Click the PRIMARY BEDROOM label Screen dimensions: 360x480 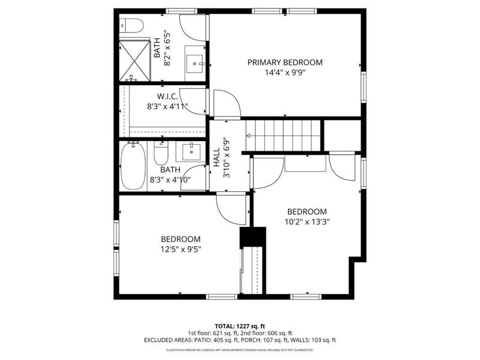(x=285, y=62)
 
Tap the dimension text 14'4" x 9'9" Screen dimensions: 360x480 (x=285, y=73)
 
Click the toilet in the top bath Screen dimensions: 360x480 (x=131, y=26)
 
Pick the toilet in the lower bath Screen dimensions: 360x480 (x=161, y=154)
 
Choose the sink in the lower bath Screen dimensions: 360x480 (x=191, y=150)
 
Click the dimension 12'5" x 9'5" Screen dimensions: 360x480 (x=181, y=249)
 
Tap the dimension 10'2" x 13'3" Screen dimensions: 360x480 (x=307, y=221)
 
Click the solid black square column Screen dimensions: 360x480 (x=252, y=237)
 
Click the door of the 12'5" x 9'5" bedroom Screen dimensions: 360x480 (x=232, y=210)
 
